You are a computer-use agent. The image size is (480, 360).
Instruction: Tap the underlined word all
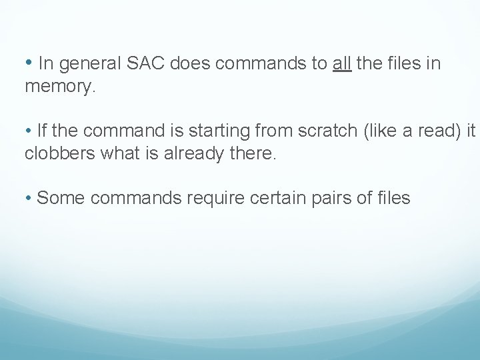pos(342,64)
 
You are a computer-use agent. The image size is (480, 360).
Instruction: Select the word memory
pos(61,87)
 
